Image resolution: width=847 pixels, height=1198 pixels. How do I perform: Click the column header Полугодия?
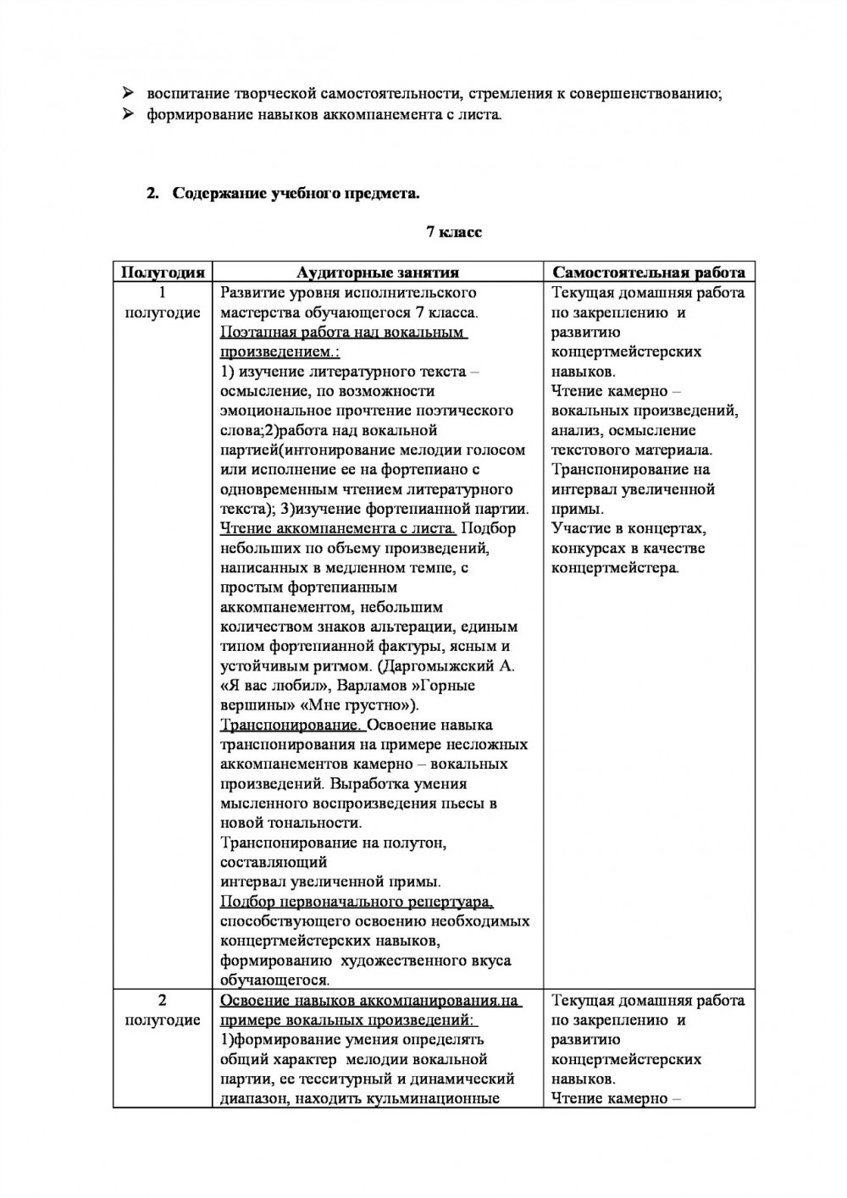(x=163, y=272)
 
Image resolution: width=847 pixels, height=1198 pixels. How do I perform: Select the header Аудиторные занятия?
(x=378, y=272)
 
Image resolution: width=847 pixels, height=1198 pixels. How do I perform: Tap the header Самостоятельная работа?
(x=648, y=272)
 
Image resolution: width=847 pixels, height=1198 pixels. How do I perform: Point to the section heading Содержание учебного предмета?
(x=296, y=193)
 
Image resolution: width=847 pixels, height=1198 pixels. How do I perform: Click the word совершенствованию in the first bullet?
(x=651, y=93)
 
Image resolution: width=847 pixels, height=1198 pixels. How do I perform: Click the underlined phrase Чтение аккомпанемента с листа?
(x=337, y=528)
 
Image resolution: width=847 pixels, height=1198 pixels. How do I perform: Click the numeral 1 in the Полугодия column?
(x=163, y=292)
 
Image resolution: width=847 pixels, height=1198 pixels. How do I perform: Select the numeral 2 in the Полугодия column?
(x=163, y=1000)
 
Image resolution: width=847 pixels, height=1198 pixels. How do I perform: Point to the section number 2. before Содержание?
(x=152, y=193)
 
